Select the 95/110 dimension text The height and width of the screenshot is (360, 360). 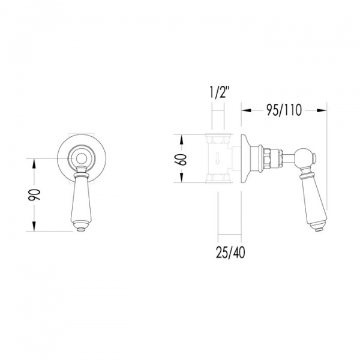tap(284, 110)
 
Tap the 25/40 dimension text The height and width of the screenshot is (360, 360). tap(230, 253)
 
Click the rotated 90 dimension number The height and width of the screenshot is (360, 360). tap(34, 195)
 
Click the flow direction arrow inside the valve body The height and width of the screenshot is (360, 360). tap(217, 158)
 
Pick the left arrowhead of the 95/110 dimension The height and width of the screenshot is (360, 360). tap(246, 110)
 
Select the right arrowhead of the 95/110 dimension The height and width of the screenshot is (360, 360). tap(322, 110)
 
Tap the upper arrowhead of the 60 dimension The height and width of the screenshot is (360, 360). tap(181, 139)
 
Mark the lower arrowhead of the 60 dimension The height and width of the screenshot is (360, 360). tap(181, 178)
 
